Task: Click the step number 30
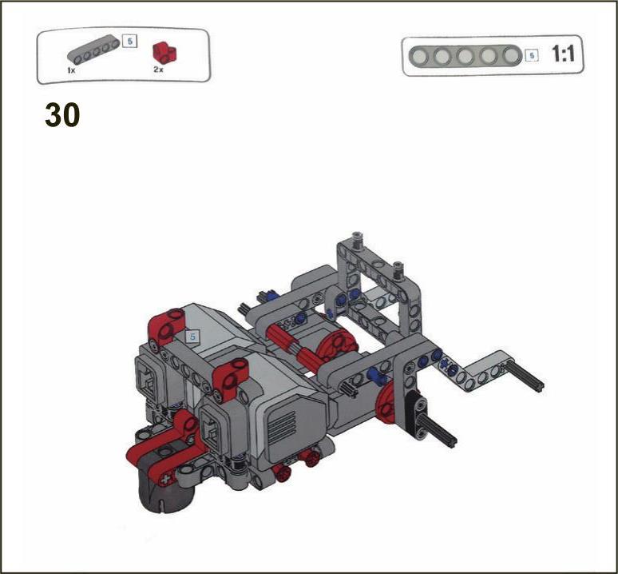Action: point(62,115)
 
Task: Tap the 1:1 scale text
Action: point(563,54)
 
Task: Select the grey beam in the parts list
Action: point(93,50)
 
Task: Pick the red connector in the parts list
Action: point(164,53)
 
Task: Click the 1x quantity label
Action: point(71,70)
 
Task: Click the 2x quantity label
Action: point(158,70)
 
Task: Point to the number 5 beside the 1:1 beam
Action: point(532,56)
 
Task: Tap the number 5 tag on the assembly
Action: point(192,337)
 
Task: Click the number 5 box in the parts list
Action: point(129,41)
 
